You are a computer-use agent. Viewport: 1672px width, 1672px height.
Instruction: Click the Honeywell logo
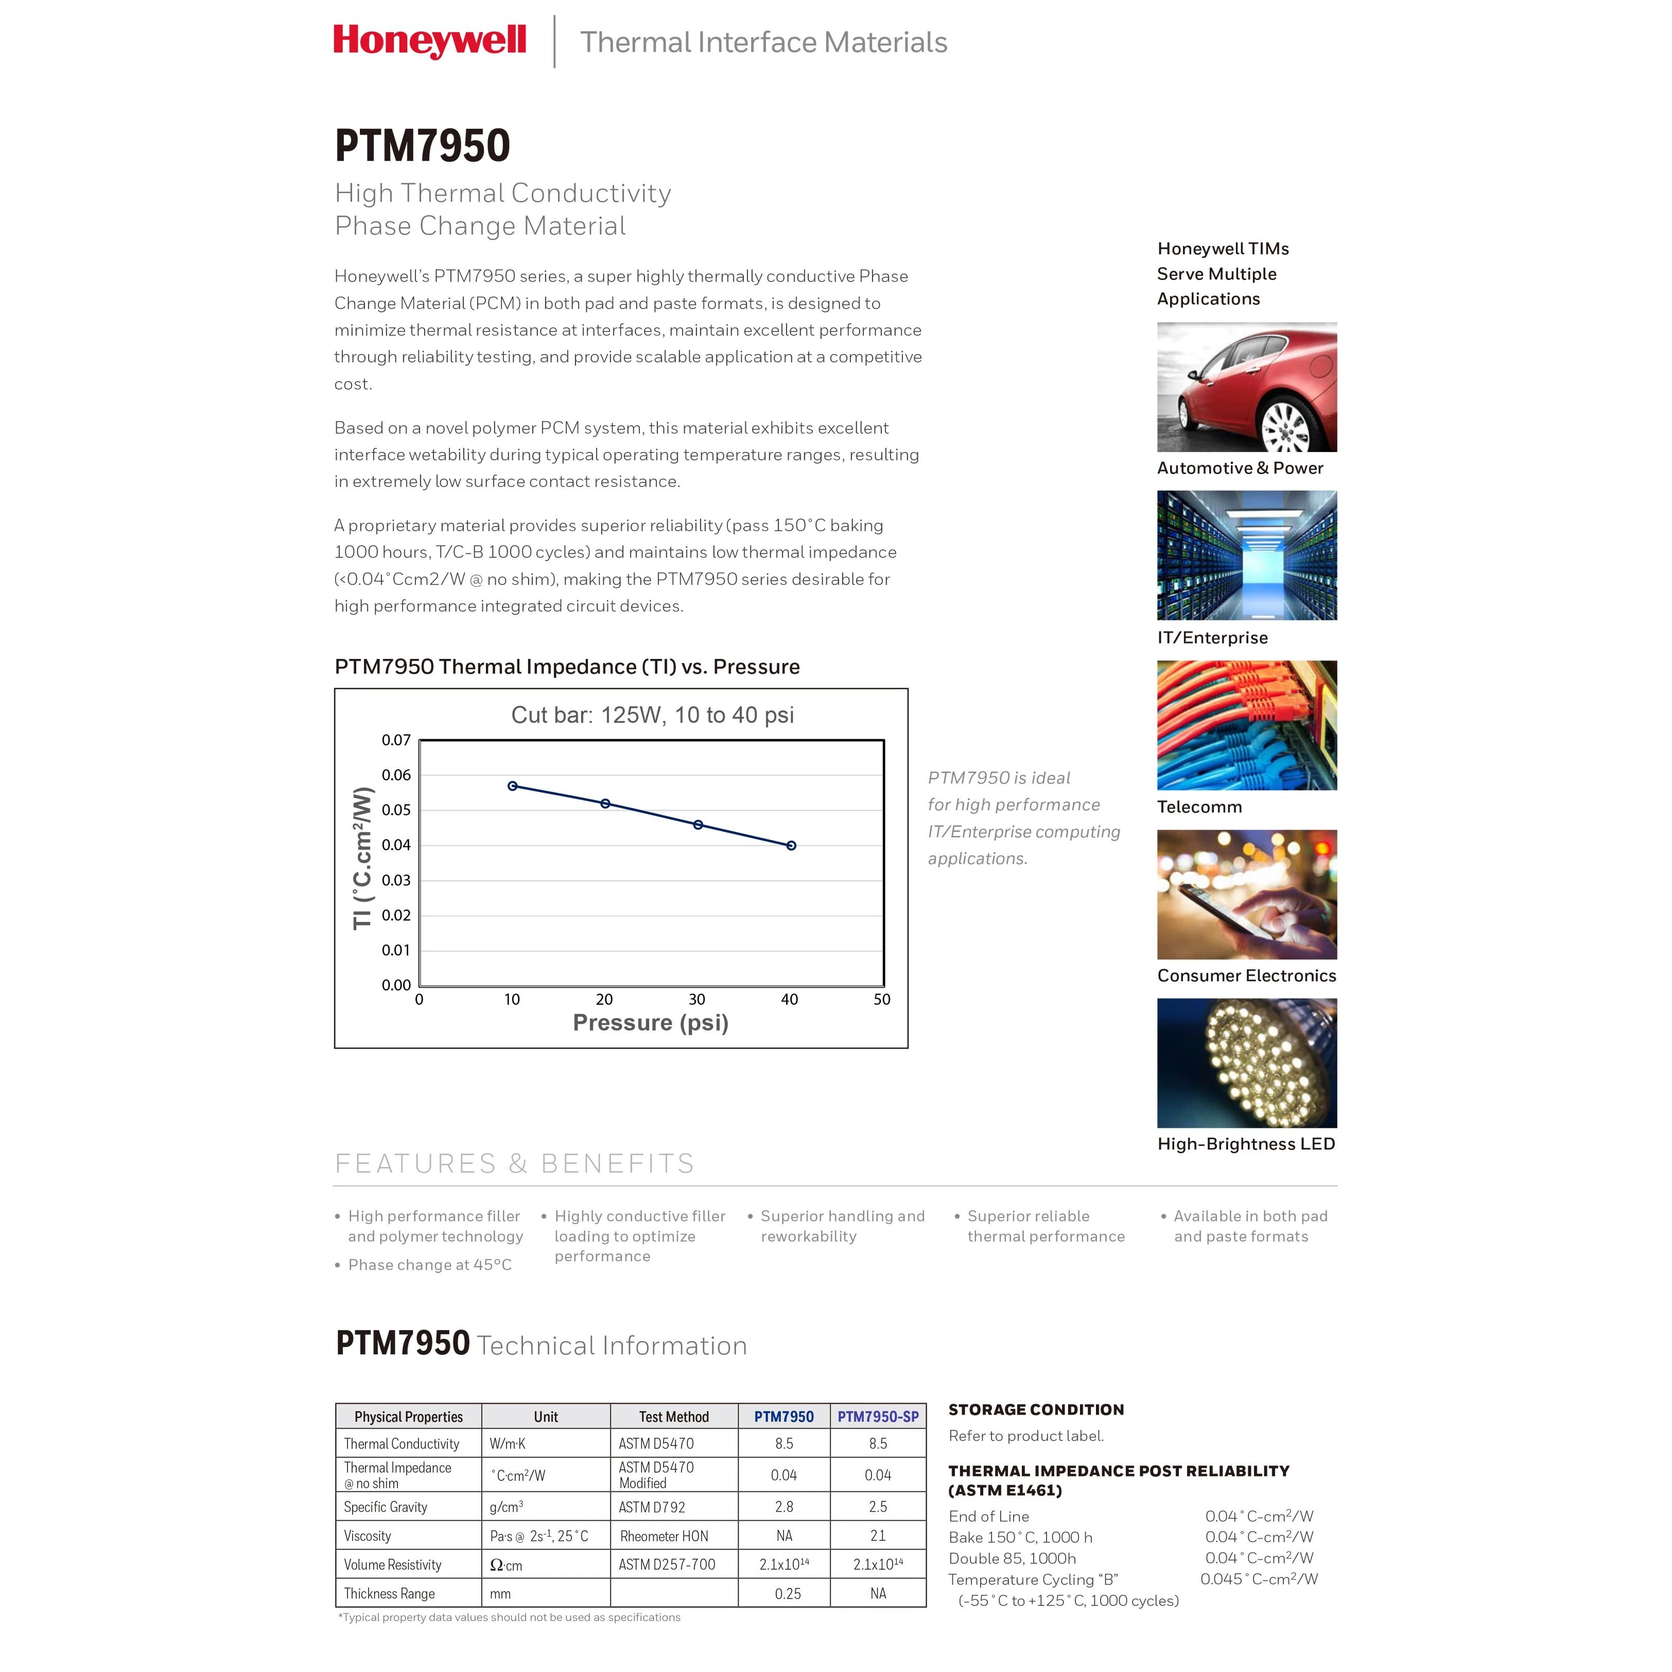pos(429,41)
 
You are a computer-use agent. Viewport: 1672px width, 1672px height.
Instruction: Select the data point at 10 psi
pos(512,786)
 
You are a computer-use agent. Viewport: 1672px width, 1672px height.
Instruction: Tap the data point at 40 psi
pos(791,845)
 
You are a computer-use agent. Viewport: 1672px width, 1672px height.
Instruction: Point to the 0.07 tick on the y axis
pos(396,740)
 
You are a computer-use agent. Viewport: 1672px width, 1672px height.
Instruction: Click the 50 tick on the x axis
pos(882,1000)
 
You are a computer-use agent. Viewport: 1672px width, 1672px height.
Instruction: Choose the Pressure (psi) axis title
pos(651,1023)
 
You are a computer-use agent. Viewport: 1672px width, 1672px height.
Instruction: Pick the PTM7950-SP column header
pos(878,1417)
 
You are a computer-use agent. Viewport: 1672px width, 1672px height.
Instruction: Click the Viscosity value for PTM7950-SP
pos(878,1536)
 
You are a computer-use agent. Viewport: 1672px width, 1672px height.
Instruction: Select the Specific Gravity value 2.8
pos(784,1507)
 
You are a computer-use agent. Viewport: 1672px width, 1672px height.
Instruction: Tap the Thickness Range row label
pos(390,1593)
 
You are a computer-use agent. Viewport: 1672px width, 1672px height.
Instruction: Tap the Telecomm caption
pos(1199,807)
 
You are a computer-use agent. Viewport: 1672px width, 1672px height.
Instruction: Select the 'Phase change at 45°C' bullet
pos(429,1264)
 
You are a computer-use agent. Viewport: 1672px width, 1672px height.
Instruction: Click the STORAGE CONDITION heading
pos(1036,1409)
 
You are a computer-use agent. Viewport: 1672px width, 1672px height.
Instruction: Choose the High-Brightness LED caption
pos(1246,1143)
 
